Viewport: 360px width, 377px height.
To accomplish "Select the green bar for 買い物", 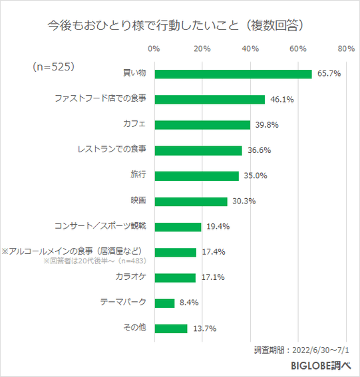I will tap(233, 74).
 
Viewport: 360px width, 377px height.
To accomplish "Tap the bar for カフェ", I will tap(202, 125).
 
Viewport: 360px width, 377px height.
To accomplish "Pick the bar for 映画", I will tap(190, 201).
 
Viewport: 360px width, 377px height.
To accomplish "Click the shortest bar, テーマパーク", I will tap(164, 303).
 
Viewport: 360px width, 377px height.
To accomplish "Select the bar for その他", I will tap(170, 328).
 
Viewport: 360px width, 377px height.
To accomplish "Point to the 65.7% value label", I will tap(328, 74).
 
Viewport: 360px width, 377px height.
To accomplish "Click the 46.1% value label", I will tap(281, 100).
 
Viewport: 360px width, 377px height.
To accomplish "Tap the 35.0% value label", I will tap(255, 176).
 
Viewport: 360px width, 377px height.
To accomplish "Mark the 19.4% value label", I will tap(218, 227).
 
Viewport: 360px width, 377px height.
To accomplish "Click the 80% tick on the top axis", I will tap(345, 49).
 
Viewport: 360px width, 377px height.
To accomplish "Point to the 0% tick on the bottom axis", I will tap(154, 347).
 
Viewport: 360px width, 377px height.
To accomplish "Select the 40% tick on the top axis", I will tap(250, 49).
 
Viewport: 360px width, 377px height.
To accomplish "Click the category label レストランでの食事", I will tap(111, 150).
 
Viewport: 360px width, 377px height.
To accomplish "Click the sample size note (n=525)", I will tap(53, 66).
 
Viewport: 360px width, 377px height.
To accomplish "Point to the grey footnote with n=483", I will tap(95, 261).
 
